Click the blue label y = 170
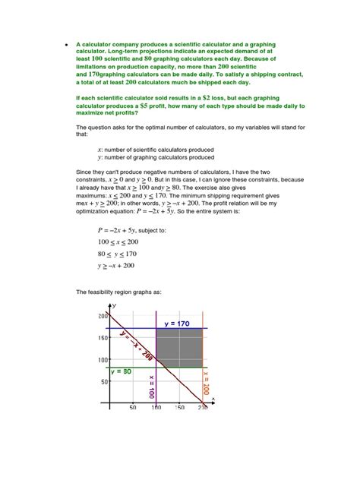(x=178, y=324)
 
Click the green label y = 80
(x=122, y=371)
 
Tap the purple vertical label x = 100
(x=152, y=387)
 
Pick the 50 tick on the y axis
(x=104, y=382)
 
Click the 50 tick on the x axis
(x=132, y=409)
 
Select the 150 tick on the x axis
(x=179, y=409)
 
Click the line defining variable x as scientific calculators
(x=156, y=150)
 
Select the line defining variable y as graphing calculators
(x=156, y=157)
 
